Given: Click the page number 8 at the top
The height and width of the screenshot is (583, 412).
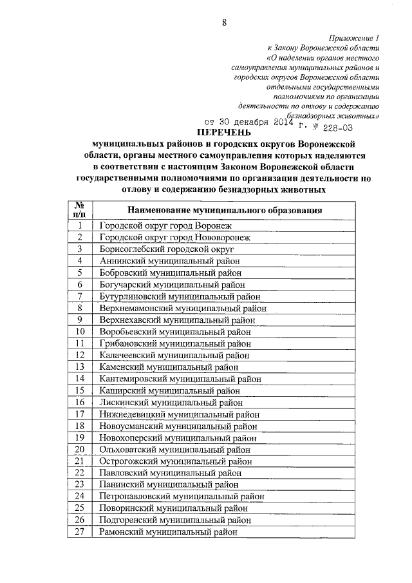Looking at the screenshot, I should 225,24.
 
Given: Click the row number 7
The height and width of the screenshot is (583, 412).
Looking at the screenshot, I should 80,296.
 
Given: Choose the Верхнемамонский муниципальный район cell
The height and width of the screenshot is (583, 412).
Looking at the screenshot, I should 183,308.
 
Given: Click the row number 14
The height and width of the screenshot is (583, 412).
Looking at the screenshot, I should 80,379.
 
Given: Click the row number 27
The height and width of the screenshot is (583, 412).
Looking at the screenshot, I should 80,532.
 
